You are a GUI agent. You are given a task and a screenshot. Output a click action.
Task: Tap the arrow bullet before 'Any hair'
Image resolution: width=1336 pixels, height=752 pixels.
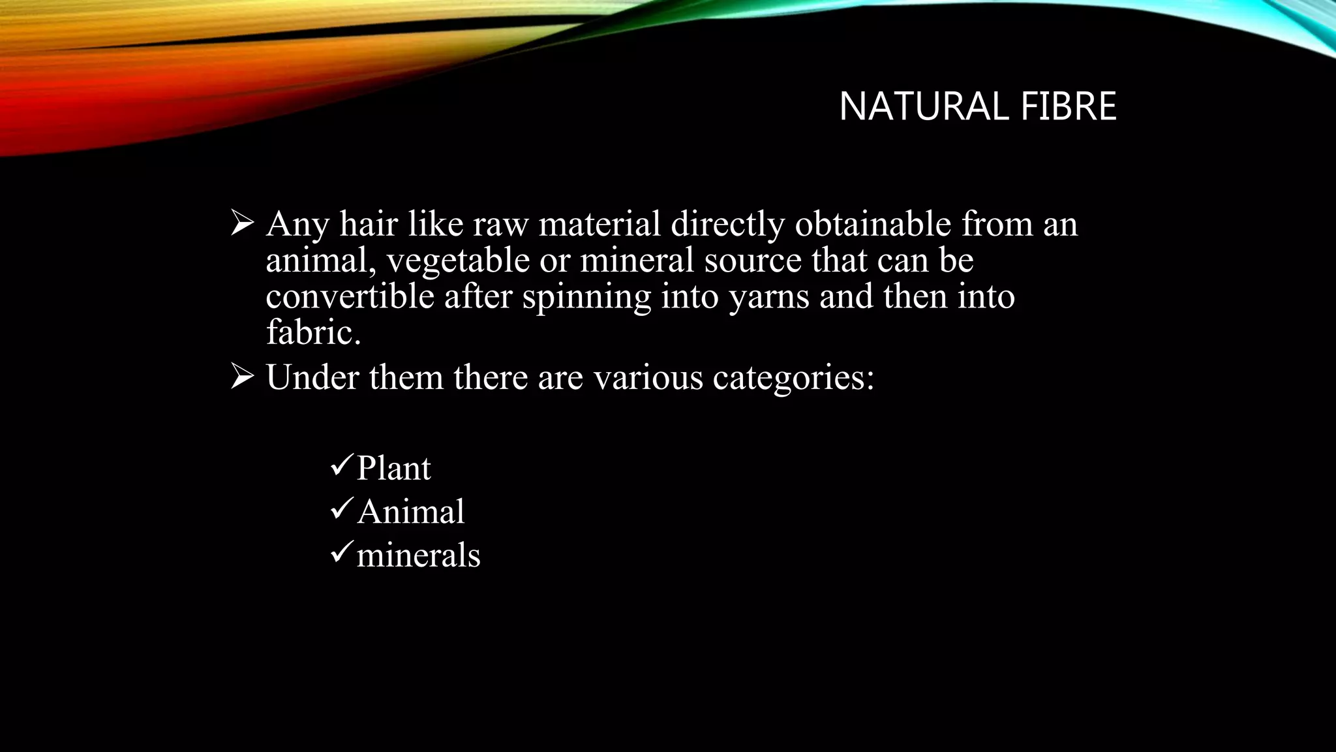242,224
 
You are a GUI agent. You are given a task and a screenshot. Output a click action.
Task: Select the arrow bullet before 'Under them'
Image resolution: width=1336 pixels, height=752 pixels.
242,377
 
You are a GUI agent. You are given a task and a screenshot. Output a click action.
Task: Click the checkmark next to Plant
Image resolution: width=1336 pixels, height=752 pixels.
342,465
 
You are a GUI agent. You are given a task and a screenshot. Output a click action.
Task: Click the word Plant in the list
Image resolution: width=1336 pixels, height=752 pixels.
393,468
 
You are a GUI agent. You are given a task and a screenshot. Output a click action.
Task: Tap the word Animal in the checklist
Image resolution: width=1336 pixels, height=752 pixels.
410,511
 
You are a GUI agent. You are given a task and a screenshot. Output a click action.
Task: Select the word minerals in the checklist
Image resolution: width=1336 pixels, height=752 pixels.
418,556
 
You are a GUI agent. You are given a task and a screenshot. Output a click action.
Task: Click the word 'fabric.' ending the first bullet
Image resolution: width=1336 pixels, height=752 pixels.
313,332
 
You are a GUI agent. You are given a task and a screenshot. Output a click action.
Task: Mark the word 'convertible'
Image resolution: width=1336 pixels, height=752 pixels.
350,296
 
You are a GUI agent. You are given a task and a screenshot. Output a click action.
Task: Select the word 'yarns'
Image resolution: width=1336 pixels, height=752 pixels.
768,298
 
